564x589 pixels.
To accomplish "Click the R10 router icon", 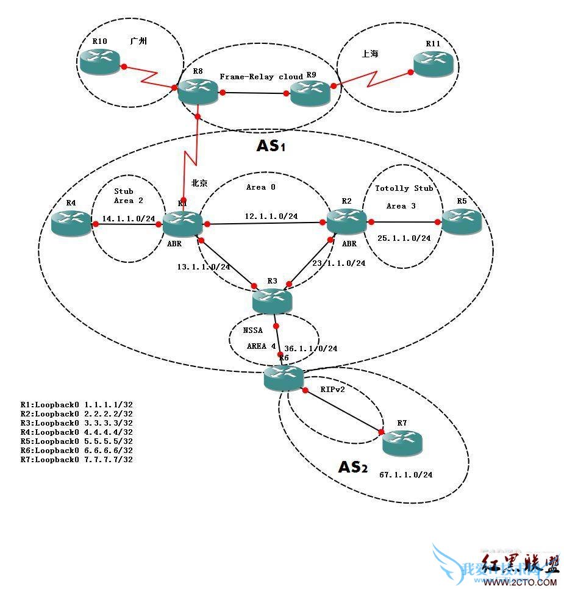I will [x=99, y=61].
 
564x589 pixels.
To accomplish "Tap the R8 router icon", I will [x=198, y=93].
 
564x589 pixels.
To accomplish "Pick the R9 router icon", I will [x=310, y=93].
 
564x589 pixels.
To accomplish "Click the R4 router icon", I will [x=71, y=224].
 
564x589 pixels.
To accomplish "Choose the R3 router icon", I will [x=273, y=300].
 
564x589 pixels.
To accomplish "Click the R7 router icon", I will [x=402, y=444].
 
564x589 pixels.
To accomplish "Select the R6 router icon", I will [x=284, y=379].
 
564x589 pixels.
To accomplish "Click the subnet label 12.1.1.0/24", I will [x=271, y=216].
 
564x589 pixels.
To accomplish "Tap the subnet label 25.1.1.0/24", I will [x=404, y=238].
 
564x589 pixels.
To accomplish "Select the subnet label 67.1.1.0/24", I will [x=405, y=474].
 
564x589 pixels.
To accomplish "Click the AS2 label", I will [x=353, y=467].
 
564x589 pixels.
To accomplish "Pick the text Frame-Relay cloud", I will [x=261, y=77].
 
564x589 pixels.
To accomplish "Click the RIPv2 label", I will [x=333, y=388].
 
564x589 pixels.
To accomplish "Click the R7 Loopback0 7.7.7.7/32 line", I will [x=76, y=459].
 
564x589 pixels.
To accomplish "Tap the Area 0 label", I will [x=261, y=187].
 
